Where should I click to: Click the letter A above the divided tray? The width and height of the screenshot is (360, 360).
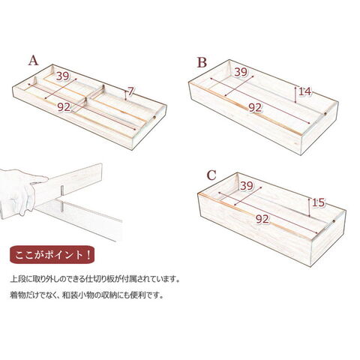[33, 61]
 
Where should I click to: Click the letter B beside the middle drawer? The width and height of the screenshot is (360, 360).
[202, 62]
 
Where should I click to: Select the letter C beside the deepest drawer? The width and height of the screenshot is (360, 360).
[211, 175]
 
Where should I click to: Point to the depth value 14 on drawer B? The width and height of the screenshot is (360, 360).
[305, 91]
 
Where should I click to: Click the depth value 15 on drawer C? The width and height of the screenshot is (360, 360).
[318, 202]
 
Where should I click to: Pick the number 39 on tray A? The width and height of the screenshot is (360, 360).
[62, 76]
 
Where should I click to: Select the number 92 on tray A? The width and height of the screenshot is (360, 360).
[64, 107]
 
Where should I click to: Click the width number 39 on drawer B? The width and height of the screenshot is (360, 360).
[241, 72]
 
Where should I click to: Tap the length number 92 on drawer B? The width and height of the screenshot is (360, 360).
[255, 108]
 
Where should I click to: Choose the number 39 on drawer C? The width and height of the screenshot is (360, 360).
[247, 186]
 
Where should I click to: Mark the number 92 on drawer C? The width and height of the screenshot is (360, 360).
[262, 219]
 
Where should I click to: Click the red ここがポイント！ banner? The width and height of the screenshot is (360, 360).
[52, 254]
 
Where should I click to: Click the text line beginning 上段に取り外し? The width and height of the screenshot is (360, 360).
[95, 279]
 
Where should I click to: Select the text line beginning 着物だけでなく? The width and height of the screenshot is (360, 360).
[87, 295]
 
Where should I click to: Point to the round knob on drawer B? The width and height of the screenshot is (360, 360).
[325, 114]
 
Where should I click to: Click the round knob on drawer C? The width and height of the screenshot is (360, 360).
[334, 221]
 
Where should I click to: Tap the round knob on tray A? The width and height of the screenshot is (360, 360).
[154, 117]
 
